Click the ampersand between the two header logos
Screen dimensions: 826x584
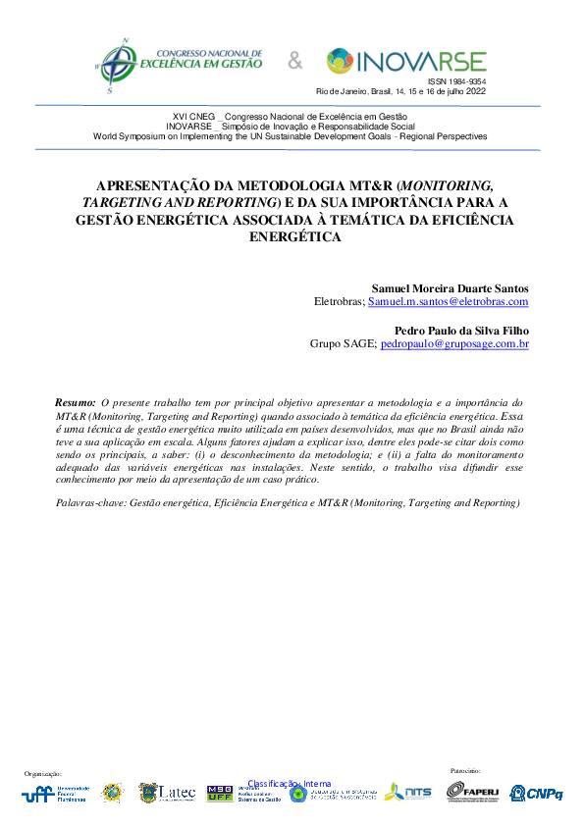pyautogui.click(x=294, y=63)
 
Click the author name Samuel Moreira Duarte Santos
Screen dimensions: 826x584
pyautogui.click(x=450, y=288)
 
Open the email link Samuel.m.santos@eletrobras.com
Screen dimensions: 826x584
pyautogui.click(x=449, y=302)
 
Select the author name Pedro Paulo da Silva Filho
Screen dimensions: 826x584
pyautogui.click(x=461, y=331)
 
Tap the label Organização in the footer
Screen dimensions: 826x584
pyautogui.click(x=42, y=774)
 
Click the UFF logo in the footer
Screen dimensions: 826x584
pyautogui.click(x=54, y=794)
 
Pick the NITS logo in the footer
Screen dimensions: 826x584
pyautogui.click(x=408, y=792)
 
